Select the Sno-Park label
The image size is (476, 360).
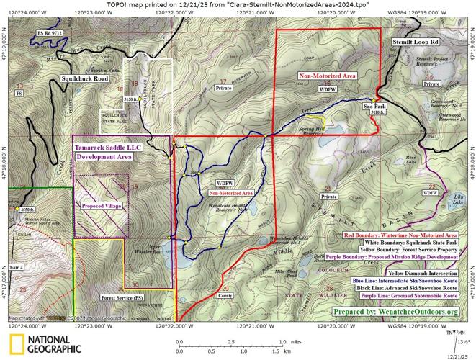(x=372, y=105)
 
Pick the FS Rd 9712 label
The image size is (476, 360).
(x=50, y=34)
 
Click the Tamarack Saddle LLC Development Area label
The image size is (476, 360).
(x=104, y=150)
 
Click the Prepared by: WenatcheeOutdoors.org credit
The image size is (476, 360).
(x=395, y=311)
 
